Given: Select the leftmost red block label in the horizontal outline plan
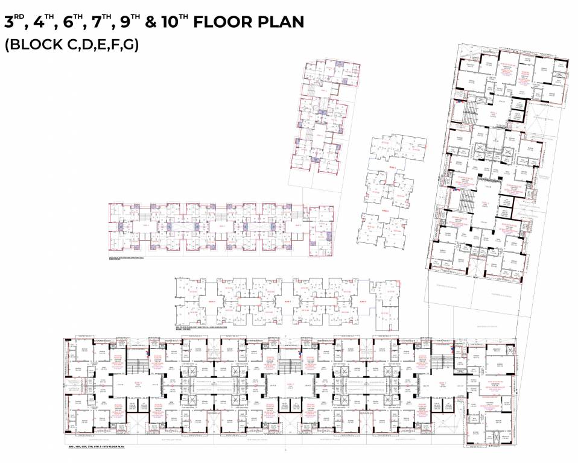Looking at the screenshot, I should click(x=211, y=300).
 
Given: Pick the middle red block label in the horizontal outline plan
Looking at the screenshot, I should click(x=287, y=300).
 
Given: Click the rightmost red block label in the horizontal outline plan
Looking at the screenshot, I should click(x=363, y=300).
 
